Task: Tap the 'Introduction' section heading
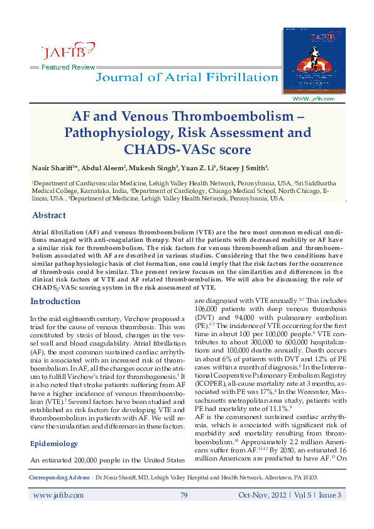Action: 55,302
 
